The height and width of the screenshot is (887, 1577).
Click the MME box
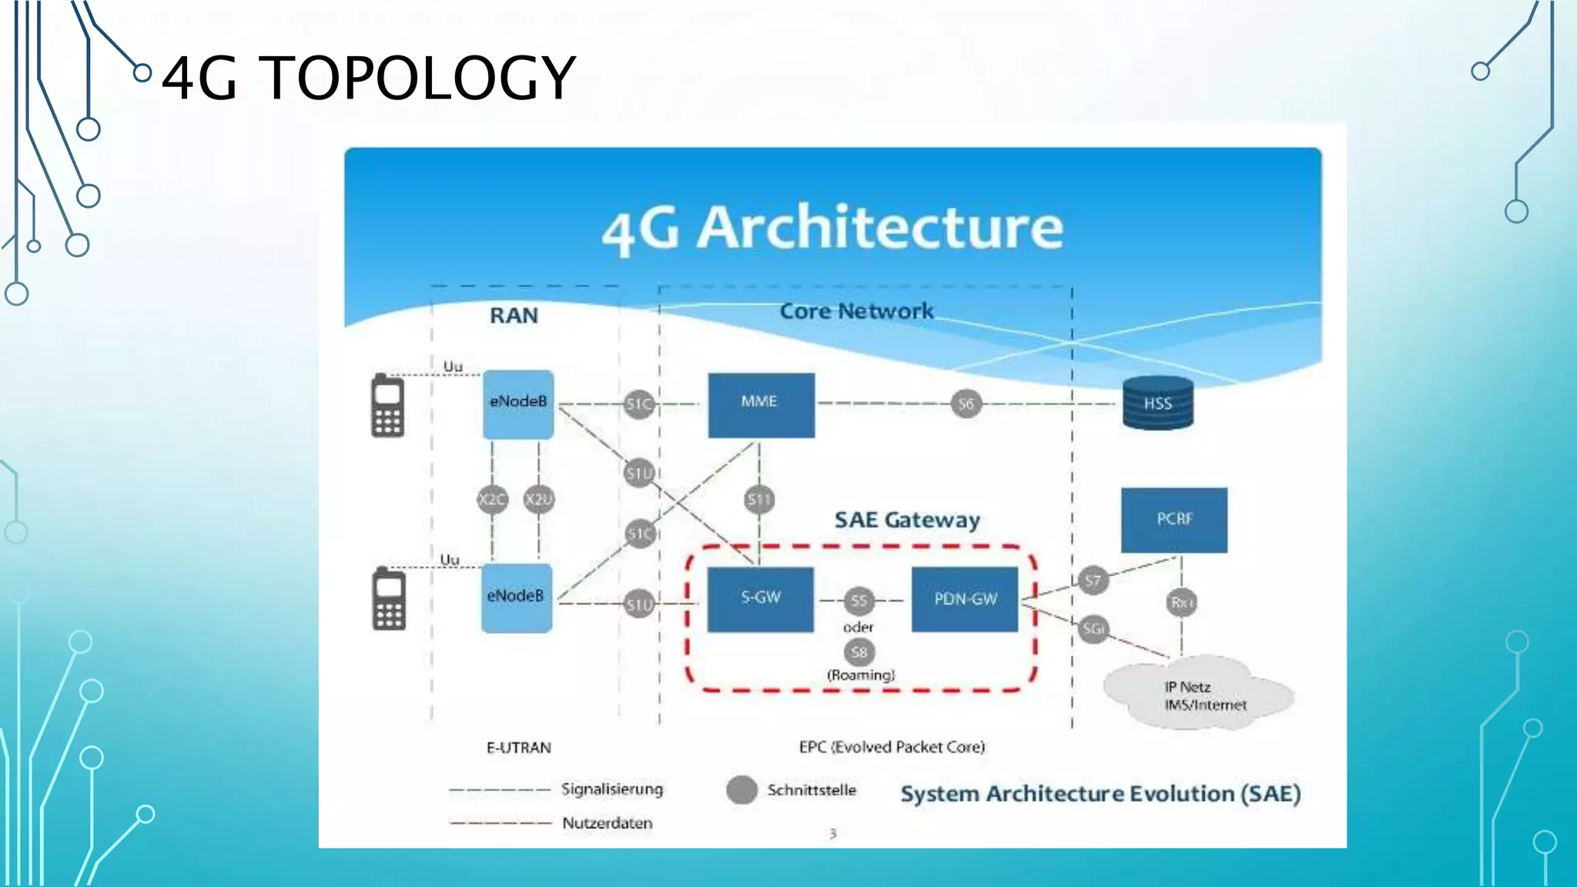(761, 405)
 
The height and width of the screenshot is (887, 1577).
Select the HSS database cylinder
(1157, 403)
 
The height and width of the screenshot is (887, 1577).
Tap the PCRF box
(1174, 520)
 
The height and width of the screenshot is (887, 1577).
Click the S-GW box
(760, 599)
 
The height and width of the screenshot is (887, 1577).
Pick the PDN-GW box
(965, 599)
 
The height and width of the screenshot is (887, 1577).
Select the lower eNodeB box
(517, 598)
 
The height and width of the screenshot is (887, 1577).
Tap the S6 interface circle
(966, 403)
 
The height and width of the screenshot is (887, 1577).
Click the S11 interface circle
(759, 500)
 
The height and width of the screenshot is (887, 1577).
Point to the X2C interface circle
(492, 500)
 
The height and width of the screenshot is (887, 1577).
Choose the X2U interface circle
(538, 500)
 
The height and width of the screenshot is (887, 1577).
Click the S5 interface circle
(859, 601)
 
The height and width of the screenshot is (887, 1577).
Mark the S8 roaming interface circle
(859, 652)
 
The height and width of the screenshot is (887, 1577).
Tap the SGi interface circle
(1093, 629)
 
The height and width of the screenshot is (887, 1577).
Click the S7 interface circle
(1093, 580)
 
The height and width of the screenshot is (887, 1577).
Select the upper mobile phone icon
(387, 405)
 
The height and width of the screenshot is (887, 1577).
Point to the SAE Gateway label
(907, 520)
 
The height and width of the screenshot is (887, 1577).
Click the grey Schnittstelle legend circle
(742, 790)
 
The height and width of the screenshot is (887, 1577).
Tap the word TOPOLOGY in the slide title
(420, 79)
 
